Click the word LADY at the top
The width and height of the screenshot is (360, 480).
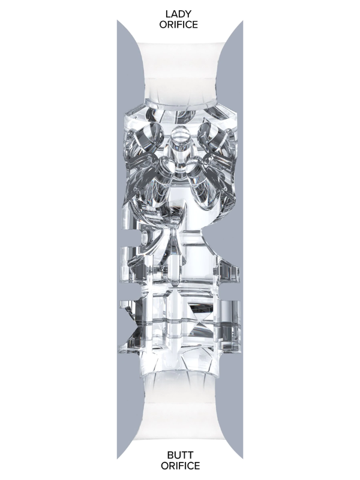[x=178, y=14]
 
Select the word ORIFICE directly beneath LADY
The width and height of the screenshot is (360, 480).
[x=178, y=25]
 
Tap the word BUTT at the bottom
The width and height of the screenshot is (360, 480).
[x=180, y=455]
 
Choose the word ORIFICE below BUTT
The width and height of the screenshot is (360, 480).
[x=181, y=466]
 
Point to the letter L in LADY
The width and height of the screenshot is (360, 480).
[x=168, y=14]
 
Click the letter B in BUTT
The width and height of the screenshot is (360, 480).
[x=170, y=455]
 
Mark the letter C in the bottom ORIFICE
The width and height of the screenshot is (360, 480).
[x=188, y=466]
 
